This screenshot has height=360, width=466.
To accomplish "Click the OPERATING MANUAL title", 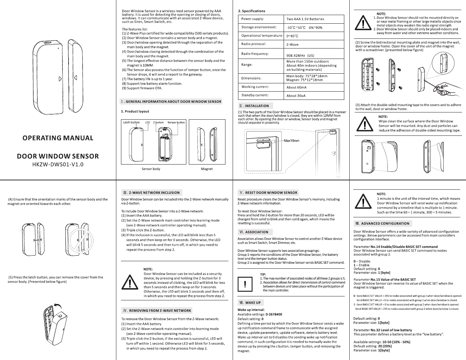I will click(x=58, y=138).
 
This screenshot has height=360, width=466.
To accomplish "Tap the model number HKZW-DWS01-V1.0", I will click(x=58, y=165).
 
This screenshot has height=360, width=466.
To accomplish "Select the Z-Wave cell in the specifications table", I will click(x=292, y=45).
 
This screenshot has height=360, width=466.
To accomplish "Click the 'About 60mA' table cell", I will click(x=297, y=87).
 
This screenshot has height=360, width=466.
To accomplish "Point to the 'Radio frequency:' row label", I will click(x=255, y=54).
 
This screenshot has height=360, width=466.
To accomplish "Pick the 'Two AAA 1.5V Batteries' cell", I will click(x=305, y=19).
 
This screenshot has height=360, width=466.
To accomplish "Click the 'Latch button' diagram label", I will click(x=131, y=123).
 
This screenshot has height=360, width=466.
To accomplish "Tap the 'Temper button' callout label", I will click(x=176, y=123).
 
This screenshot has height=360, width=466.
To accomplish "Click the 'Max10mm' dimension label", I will click(x=292, y=140).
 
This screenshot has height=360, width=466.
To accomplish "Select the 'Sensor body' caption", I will click(x=151, y=169).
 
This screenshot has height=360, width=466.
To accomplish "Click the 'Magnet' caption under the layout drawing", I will click(x=207, y=169).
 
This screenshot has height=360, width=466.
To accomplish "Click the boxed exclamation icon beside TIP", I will click(x=245, y=284).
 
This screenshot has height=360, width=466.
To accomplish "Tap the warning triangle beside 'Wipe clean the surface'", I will click(x=365, y=124).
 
